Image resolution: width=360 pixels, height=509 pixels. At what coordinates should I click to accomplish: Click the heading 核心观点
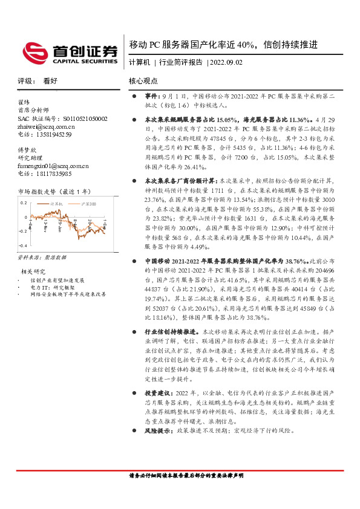[143, 80]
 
